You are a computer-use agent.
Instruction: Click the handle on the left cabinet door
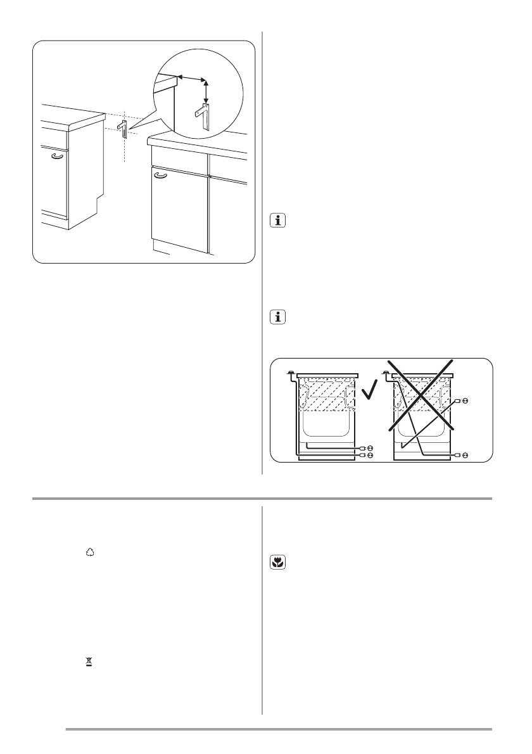click(58, 156)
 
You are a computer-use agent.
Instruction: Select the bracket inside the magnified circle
click(203, 117)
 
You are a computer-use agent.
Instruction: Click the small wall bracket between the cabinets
click(123, 129)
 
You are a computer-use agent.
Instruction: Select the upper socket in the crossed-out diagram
click(465, 401)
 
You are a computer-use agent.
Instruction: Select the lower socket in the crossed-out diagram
click(465, 455)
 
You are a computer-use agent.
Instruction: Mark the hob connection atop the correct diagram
click(290, 374)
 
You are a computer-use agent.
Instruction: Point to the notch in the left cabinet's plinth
click(97, 204)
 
